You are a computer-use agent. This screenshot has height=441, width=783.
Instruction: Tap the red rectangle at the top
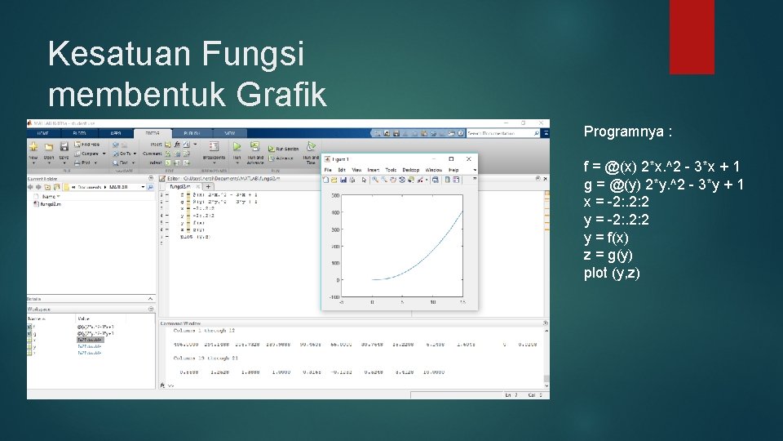point(692,36)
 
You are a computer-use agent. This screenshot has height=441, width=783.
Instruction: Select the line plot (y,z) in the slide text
point(612,273)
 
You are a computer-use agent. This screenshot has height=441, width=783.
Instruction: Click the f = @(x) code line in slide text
point(661,166)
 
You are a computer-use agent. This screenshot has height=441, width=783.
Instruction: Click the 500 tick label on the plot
point(334,195)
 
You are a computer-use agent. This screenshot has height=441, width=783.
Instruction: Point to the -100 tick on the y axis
point(334,297)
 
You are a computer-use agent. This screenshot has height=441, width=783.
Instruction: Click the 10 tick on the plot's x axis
point(432,303)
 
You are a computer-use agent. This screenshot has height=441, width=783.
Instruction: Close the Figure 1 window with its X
point(469,159)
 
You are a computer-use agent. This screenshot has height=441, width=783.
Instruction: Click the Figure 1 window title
point(341,159)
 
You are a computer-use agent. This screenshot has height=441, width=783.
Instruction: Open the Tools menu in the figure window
point(391,170)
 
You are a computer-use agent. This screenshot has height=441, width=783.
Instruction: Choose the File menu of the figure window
point(328,170)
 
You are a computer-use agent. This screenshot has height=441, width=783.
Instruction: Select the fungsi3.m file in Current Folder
point(51,205)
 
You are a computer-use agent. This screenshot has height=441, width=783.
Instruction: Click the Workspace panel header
point(41,309)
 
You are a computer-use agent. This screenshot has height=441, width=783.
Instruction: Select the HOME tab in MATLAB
point(42,133)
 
